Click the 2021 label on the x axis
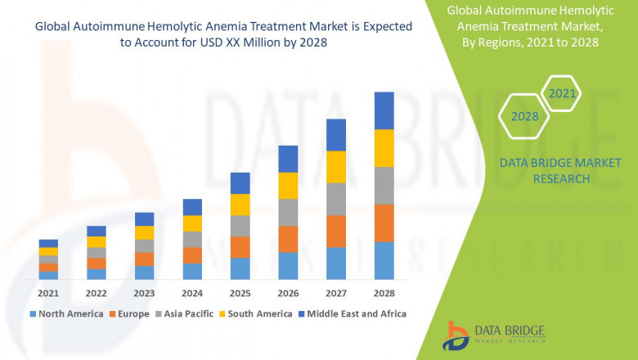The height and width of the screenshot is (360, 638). [48, 293]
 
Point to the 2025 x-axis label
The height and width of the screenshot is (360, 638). [240, 293]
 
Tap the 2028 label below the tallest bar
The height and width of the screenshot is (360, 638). [384, 293]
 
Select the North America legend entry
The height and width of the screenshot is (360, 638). [65, 313]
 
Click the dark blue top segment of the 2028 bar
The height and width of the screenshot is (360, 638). [384, 110]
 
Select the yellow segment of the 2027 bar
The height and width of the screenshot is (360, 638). [336, 167]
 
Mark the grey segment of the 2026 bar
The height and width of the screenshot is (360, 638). [288, 212]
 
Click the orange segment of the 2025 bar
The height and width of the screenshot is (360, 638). [240, 247]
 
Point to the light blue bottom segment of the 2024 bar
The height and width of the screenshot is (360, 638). [192, 271]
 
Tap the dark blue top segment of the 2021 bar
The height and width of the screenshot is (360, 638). [48, 243]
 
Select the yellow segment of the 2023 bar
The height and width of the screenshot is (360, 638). [144, 232]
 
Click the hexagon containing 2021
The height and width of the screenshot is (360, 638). [562, 94]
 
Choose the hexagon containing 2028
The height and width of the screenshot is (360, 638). [524, 116]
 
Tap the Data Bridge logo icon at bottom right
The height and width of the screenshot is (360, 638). [456, 335]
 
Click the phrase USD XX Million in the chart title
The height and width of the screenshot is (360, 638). [229, 43]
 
